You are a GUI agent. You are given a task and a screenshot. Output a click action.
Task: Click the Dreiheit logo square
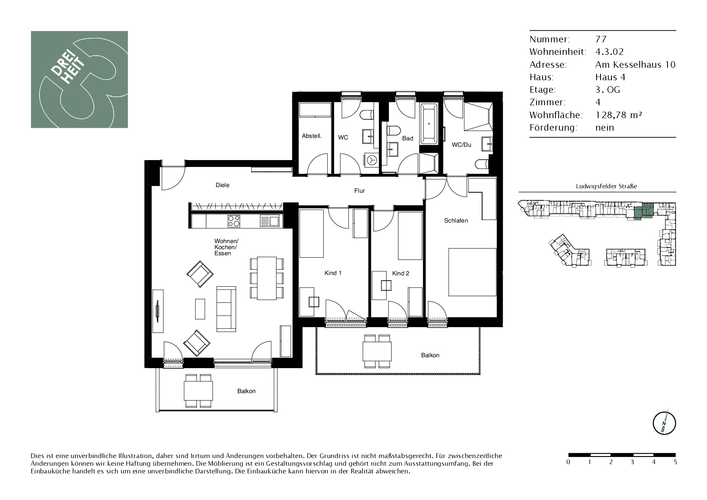pyautogui.click(x=79, y=79)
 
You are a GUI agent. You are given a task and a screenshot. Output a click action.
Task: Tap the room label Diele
pyautogui.click(x=222, y=185)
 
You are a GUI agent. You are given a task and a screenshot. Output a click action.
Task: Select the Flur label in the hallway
pyautogui.click(x=360, y=191)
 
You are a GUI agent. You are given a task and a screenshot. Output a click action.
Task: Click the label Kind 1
pyautogui.click(x=333, y=273)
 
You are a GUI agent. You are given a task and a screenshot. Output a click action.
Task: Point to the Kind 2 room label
pyautogui.click(x=401, y=273)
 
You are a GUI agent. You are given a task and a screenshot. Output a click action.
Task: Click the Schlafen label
pyautogui.click(x=456, y=221)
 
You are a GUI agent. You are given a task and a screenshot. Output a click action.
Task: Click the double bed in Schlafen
pyautogui.click(x=472, y=272)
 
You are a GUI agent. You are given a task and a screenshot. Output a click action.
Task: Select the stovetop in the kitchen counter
pyautogui.click(x=234, y=221)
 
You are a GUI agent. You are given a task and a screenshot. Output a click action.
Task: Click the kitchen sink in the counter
pyautogui.click(x=269, y=221)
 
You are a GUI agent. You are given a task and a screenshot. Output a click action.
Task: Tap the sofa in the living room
pyautogui.click(x=226, y=309)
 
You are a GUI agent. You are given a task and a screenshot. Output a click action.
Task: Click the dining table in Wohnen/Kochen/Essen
pyautogui.click(x=267, y=278)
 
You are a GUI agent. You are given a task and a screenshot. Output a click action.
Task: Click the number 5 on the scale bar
pyautogui.click(x=675, y=462)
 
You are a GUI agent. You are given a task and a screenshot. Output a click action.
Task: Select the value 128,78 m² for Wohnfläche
pyautogui.click(x=619, y=115)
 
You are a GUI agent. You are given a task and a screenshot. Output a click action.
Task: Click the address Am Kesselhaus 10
pyautogui.click(x=635, y=65)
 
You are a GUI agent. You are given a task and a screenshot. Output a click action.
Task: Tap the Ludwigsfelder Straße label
pyautogui.click(x=606, y=186)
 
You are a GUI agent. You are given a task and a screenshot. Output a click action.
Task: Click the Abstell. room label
pyautogui.click(x=312, y=136)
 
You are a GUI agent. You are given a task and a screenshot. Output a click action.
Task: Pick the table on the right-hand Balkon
pyautogui.click(x=377, y=351)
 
